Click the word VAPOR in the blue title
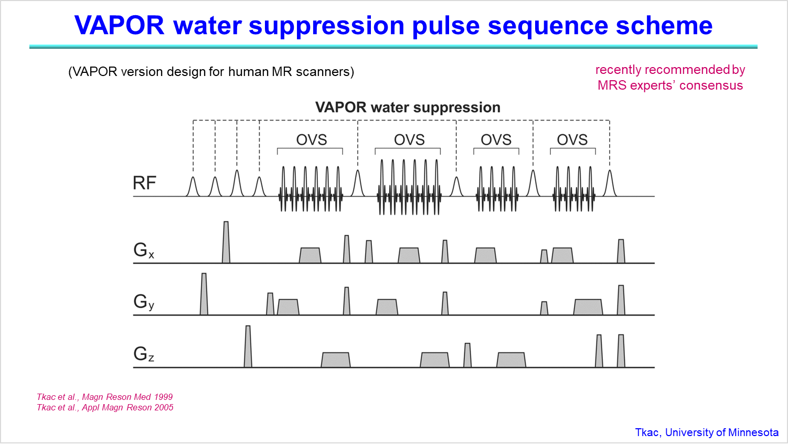tap(119, 26)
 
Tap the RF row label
tap(144, 183)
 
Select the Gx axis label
tap(143, 251)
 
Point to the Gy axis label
tap(143, 302)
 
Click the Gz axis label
tap(143, 354)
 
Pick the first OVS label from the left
tap(311, 140)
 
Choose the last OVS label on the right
tap(572, 140)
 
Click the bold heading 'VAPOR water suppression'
tap(408, 107)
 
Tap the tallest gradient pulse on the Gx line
tap(226, 242)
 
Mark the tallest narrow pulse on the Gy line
tap(204, 294)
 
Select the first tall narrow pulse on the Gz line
tap(248, 346)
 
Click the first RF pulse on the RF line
tap(193, 187)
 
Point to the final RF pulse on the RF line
tap(610, 183)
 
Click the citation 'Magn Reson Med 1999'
tap(127, 397)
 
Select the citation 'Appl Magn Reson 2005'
tap(127, 408)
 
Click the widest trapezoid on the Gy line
tap(588, 307)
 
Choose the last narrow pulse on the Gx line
tap(621, 251)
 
